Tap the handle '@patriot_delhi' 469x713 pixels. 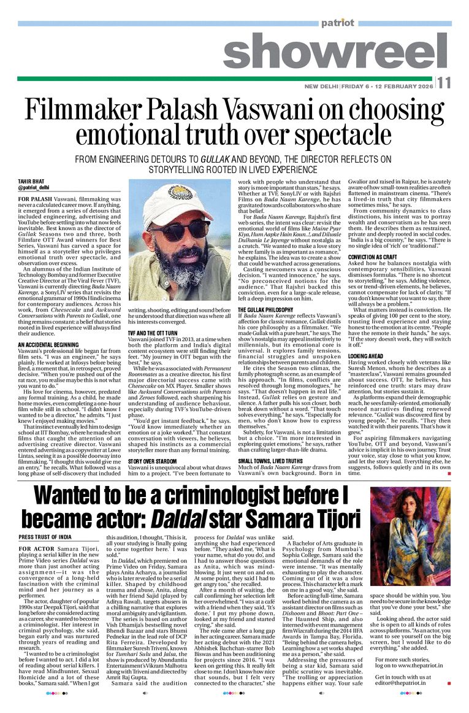click(34, 187)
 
